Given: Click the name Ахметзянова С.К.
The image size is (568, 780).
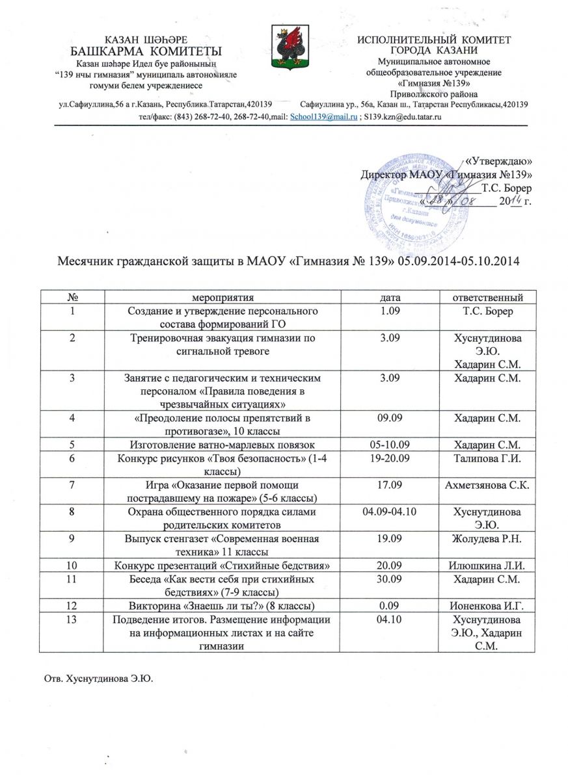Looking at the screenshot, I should [x=489, y=485].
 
